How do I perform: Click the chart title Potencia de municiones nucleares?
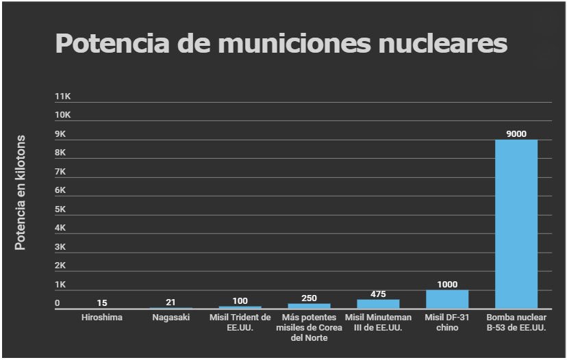[281, 43]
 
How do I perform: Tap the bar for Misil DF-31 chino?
[446, 299]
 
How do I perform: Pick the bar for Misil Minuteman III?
[378, 304]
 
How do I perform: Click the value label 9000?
[516, 134]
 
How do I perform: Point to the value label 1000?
[446, 285]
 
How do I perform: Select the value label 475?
[378, 294]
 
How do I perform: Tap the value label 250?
[309, 298]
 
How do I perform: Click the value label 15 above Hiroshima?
[102, 303]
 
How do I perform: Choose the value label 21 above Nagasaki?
[171, 303]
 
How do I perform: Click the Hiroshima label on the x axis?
[102, 318]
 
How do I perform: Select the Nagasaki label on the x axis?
[171, 318]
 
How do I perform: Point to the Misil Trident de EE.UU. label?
[240, 322]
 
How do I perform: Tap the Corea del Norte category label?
[309, 328]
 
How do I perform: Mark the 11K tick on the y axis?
[63, 97]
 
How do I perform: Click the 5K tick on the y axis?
[62, 209]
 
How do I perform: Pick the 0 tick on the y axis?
[58, 303]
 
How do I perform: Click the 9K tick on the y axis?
[62, 134]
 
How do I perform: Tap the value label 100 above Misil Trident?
[240, 301]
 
